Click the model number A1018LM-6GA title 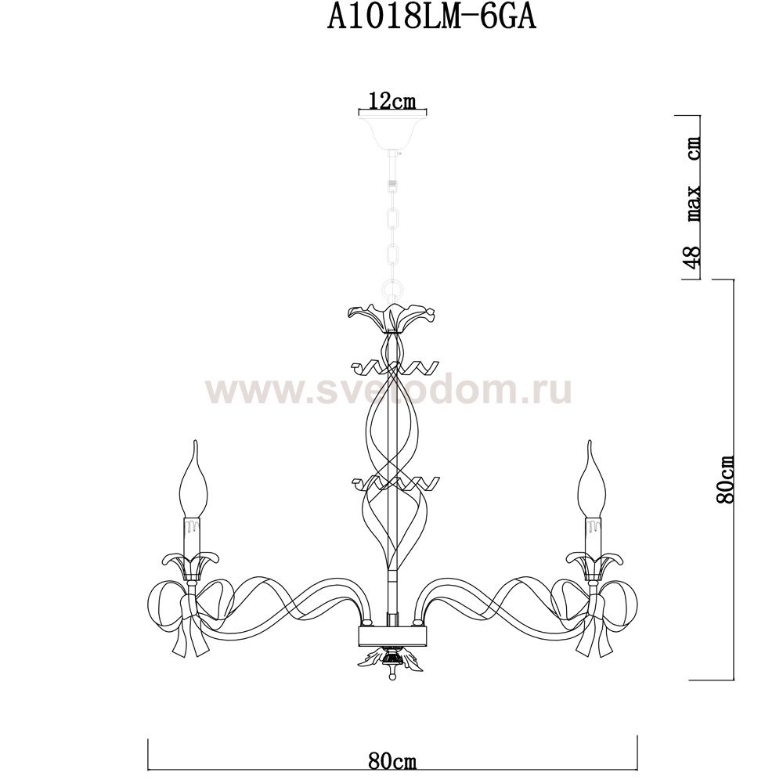431,19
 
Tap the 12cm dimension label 392,101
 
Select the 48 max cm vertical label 694,202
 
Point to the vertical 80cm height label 724,479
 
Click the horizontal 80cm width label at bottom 392,762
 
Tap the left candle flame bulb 193,478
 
